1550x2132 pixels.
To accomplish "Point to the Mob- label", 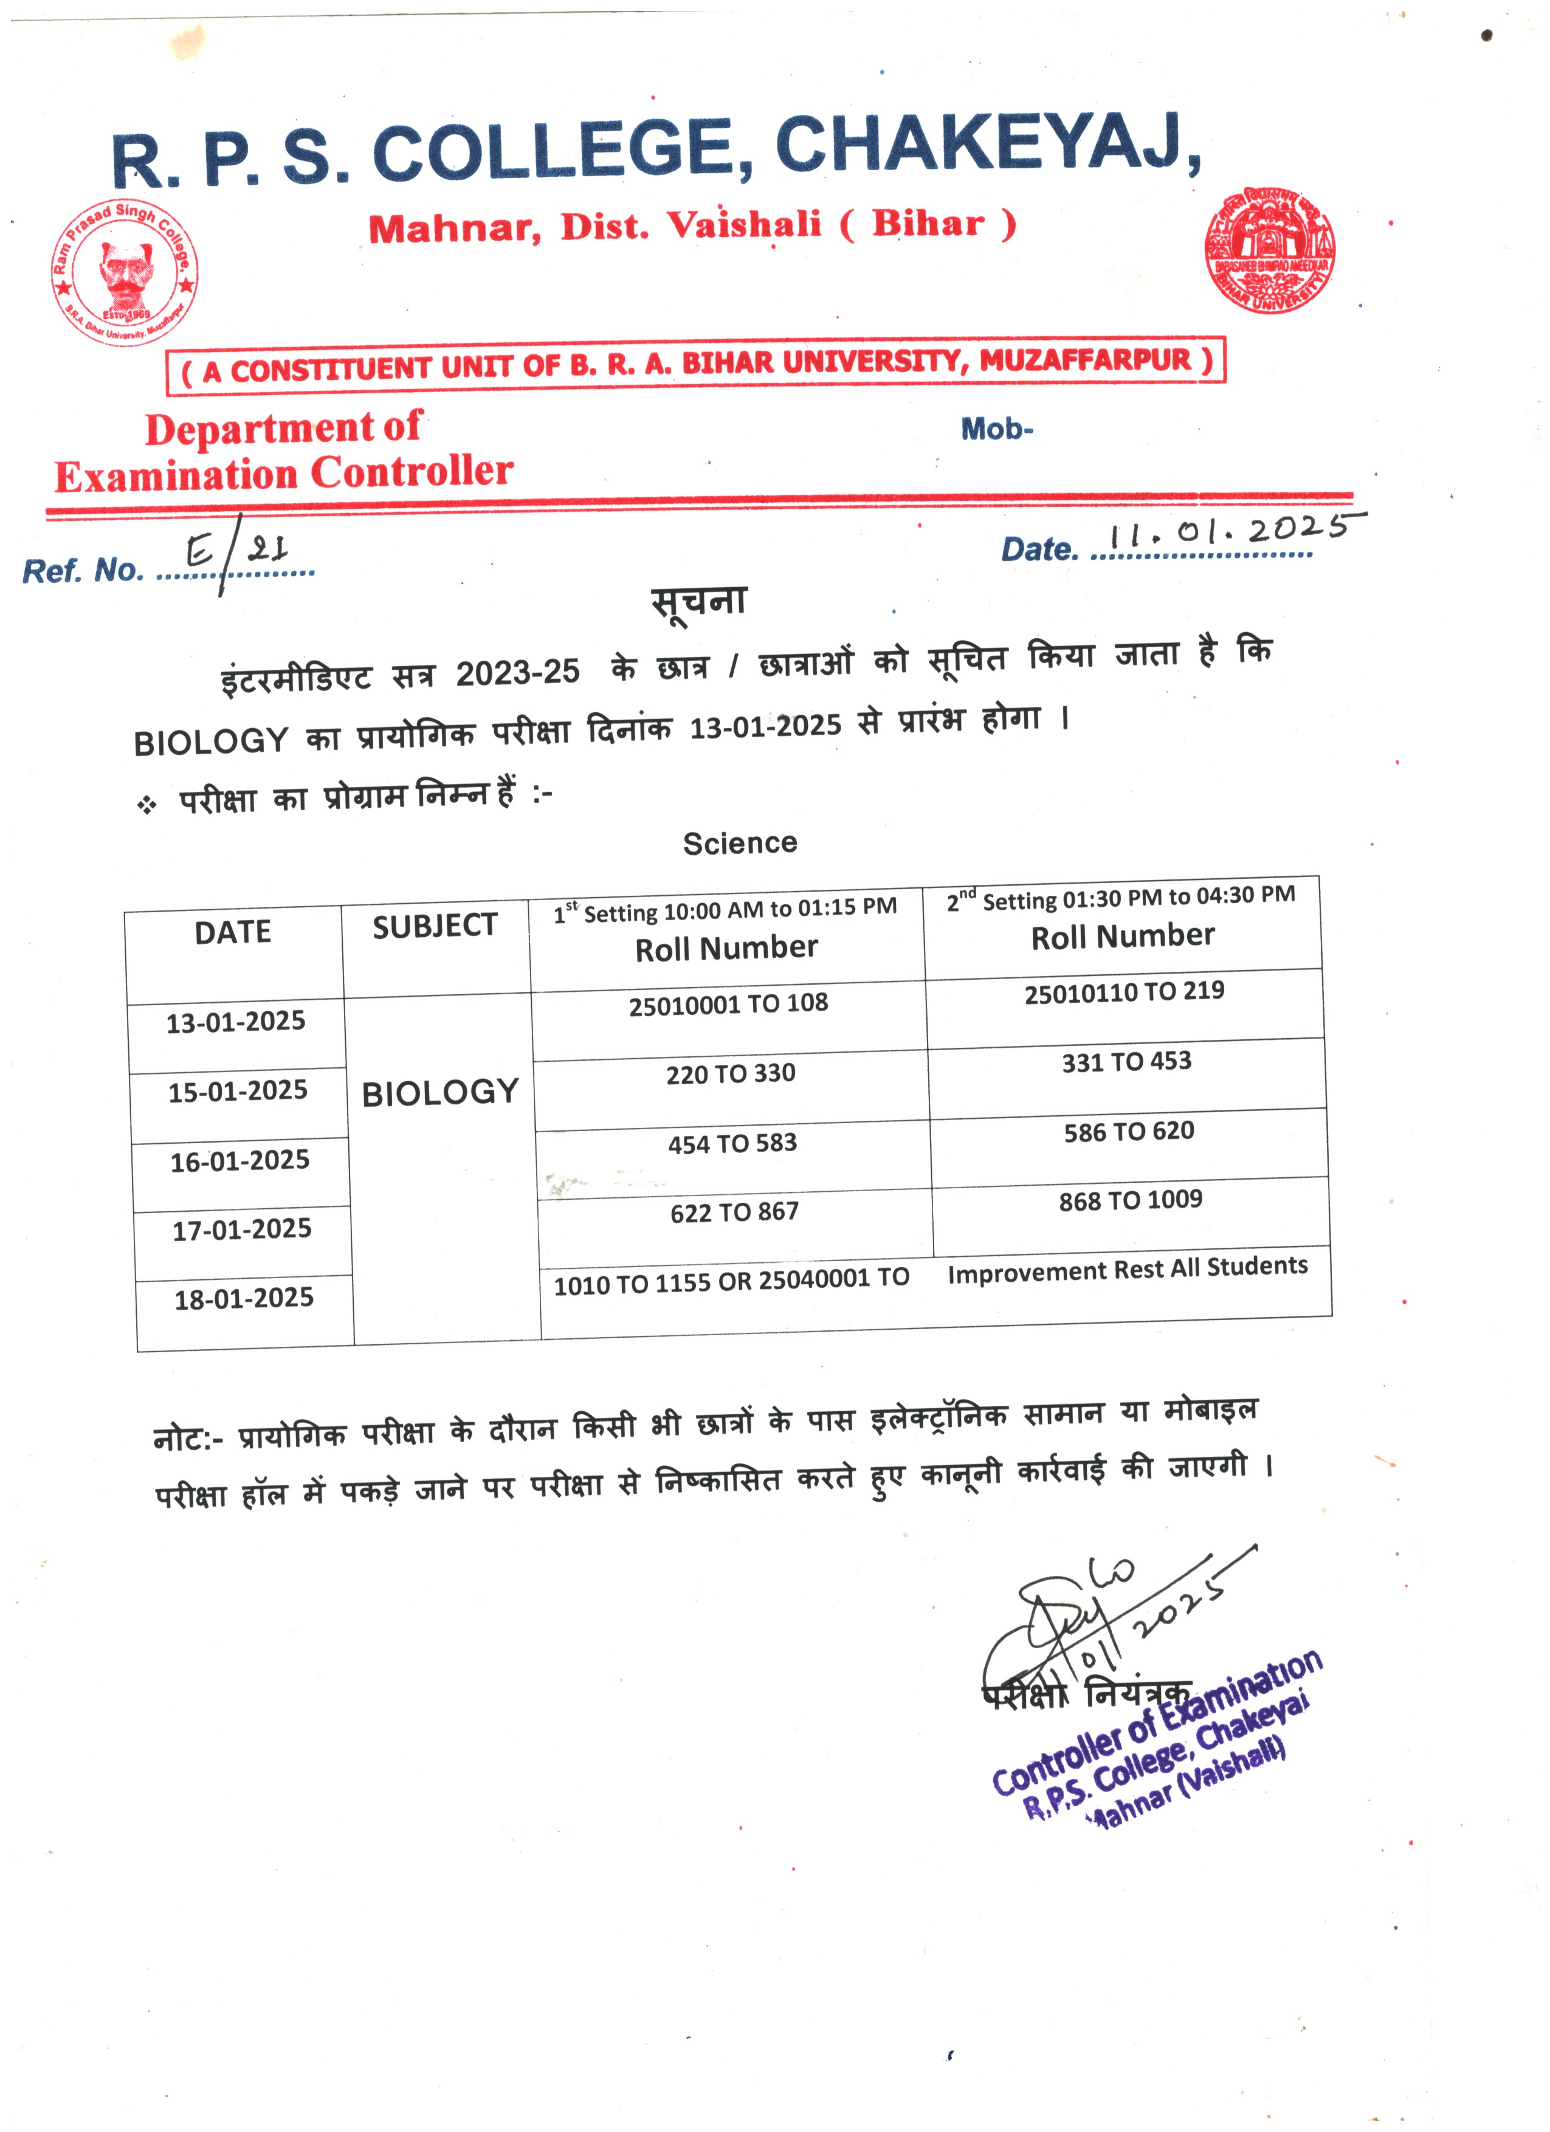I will coord(996,430).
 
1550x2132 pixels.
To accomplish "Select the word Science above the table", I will coord(740,843).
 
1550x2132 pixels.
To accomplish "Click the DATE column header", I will coord(233,932).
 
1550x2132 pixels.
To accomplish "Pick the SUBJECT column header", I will coord(434,927).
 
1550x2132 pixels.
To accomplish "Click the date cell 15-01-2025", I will coord(238,1092).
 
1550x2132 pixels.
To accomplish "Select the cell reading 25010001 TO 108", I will coord(728,1004).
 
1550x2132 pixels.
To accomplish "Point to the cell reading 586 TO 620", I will coord(1129,1132).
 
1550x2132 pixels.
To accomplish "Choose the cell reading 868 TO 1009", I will coord(1131,1200).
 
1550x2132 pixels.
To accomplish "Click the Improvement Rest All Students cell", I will coord(1127,1269).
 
